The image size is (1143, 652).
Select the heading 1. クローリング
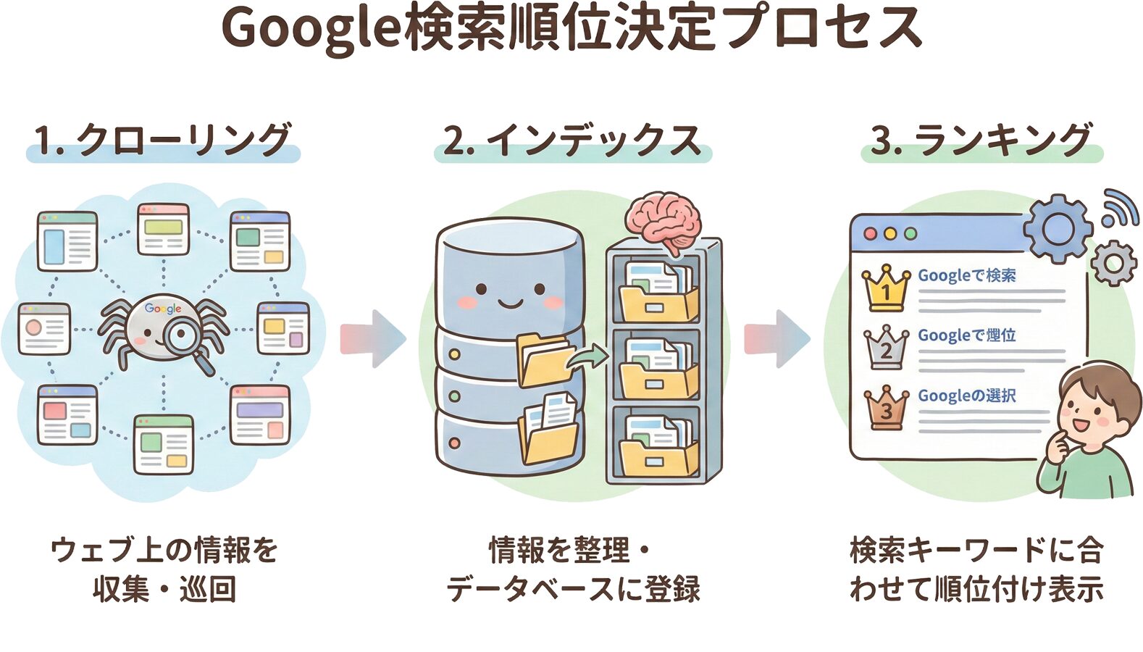pos(163,141)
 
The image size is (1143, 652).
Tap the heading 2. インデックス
pos(572,141)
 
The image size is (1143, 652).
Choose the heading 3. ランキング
pos(981,141)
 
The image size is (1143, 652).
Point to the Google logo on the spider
pos(163,309)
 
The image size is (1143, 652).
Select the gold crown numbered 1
pos(885,288)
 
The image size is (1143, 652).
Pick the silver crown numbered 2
pos(886,347)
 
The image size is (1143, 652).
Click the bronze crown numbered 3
pos(886,407)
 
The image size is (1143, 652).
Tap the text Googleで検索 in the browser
pos(966,276)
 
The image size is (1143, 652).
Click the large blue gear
pos(1058,228)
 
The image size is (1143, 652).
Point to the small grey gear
pos(1113,263)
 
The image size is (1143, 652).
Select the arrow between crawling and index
pos(373,338)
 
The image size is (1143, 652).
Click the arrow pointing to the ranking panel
pos(776,338)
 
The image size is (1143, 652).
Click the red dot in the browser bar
pos(871,234)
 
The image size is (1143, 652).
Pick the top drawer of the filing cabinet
pos(656,290)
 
